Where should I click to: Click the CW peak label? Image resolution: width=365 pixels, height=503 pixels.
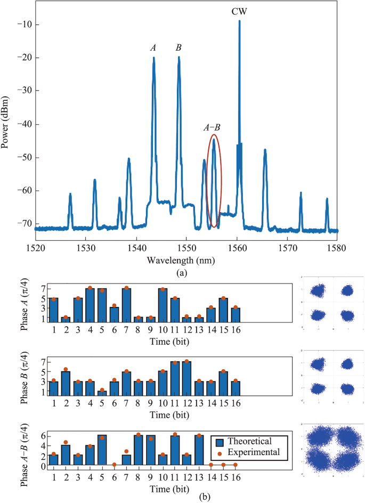239,11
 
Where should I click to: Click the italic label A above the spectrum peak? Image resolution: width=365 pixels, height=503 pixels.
153,48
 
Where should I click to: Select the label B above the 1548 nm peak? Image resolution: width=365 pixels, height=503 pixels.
179,48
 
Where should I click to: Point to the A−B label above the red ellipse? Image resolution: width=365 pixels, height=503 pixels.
212,127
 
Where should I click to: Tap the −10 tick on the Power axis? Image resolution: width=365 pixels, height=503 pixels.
22,25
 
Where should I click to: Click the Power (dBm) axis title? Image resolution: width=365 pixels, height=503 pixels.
6,123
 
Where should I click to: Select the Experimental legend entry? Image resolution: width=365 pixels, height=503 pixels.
250,452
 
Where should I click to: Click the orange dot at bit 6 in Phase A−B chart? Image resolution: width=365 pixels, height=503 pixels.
115,465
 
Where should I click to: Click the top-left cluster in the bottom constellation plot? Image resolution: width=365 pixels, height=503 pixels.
319,438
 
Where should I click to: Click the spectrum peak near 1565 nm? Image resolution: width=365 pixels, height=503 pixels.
265,155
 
